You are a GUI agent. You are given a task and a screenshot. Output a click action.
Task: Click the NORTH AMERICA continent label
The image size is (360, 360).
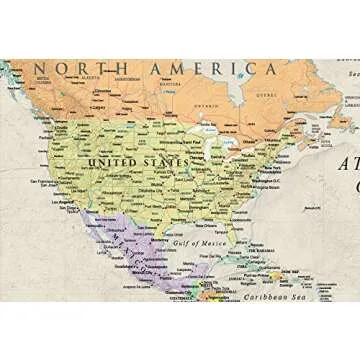[156, 69]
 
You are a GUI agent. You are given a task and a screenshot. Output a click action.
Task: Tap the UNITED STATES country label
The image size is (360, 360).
[137, 161]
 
